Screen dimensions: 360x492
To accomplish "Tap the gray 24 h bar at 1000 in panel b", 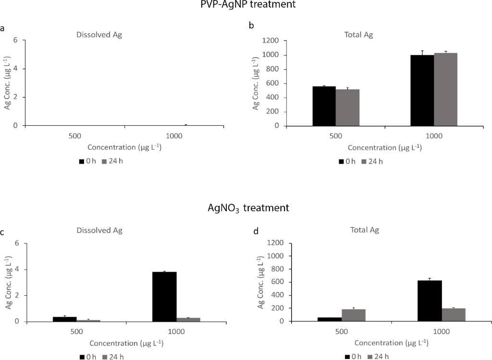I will click(445, 89).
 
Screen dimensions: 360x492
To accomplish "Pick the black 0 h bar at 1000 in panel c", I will click(164, 297).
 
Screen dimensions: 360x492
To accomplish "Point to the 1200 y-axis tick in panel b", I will click(272, 41).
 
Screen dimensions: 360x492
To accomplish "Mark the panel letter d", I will click(256, 231).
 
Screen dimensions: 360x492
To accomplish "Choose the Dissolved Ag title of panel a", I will click(99, 34).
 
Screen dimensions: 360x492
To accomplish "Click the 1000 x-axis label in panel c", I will click(175, 332).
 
